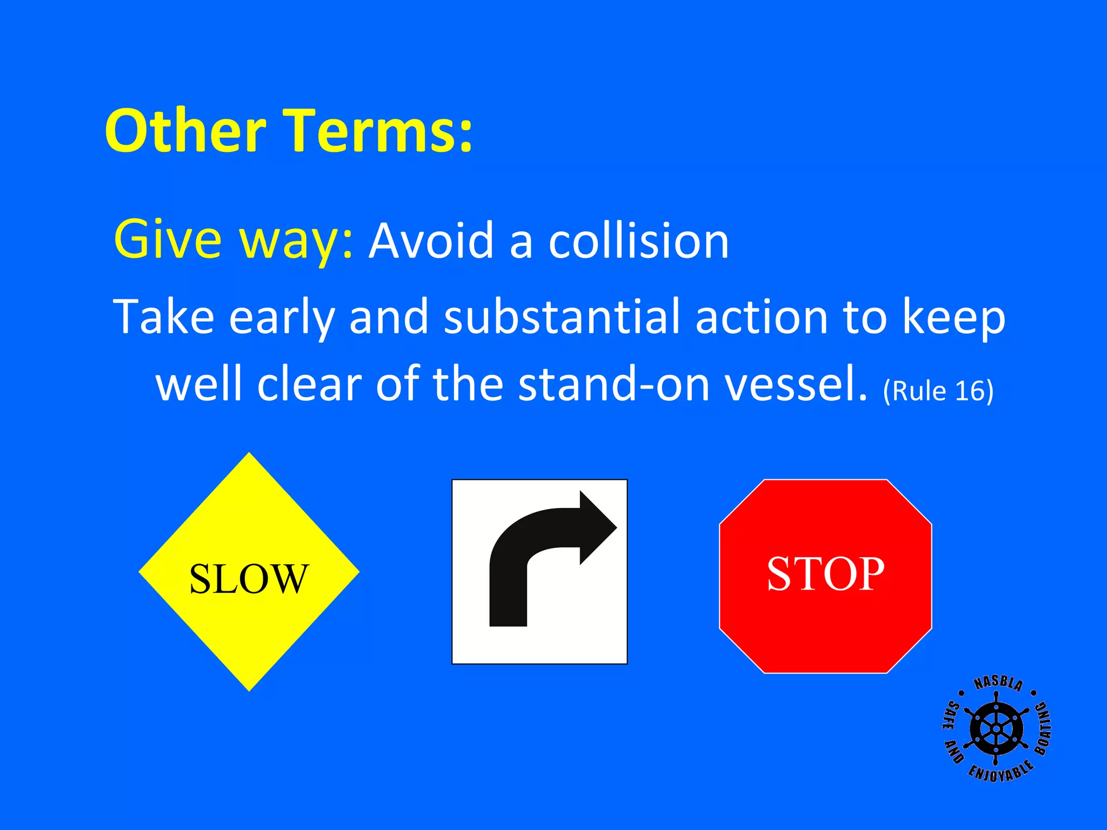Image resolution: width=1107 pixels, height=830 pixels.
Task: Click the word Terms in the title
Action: tap(378, 131)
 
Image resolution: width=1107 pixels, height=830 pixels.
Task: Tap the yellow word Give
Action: tap(168, 239)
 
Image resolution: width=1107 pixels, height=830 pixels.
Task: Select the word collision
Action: tap(638, 241)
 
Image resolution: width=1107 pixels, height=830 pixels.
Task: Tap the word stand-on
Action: tap(614, 384)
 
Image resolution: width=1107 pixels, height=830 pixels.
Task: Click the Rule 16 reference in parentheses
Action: tap(938, 391)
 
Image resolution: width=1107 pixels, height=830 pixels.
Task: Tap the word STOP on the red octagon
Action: tap(825, 574)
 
